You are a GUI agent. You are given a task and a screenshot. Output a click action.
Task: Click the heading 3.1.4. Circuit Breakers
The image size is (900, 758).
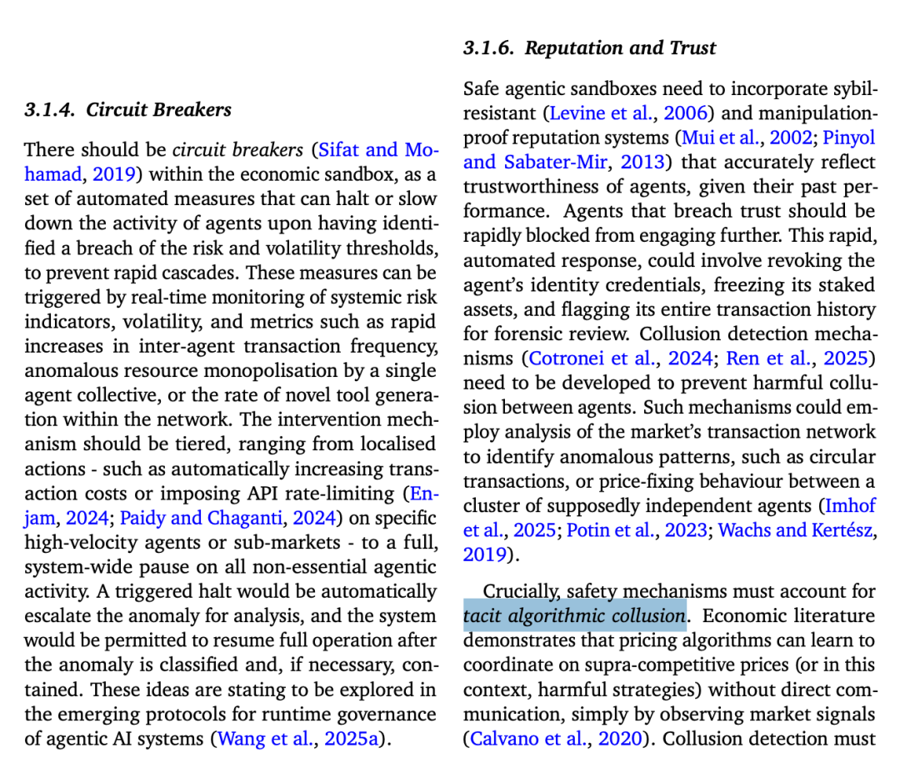coord(127,110)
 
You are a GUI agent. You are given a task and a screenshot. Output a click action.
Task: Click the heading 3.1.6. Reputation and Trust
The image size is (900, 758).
coord(589,48)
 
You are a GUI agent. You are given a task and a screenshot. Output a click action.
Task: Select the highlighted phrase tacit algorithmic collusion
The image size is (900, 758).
coord(575,616)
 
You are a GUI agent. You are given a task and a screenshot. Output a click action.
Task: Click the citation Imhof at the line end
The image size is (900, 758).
coord(849,505)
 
